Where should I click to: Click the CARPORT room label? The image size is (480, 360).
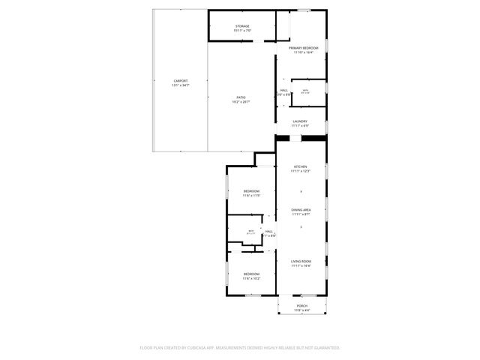pos(180,80)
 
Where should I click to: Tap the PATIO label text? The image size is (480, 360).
pos(241,97)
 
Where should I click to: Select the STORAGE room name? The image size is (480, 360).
pos(242,26)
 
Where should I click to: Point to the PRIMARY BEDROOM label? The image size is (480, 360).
pos(303,47)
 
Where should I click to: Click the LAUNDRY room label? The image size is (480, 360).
pos(301,121)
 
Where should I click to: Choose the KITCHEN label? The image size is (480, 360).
pos(301,166)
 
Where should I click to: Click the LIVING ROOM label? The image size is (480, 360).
pos(301,260)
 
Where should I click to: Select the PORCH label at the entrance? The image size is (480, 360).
pos(301,306)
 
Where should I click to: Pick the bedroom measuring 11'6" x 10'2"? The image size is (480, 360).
pos(251,274)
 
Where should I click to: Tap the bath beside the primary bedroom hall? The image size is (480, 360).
pos(305,91)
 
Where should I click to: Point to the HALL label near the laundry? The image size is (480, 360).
pos(284,91)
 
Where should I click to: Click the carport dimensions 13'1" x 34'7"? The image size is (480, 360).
pos(180,85)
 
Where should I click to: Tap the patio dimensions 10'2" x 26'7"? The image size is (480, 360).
pos(241,101)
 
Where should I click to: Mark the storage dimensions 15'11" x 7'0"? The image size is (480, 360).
pos(242,31)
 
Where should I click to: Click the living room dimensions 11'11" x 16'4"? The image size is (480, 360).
pos(301,265)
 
